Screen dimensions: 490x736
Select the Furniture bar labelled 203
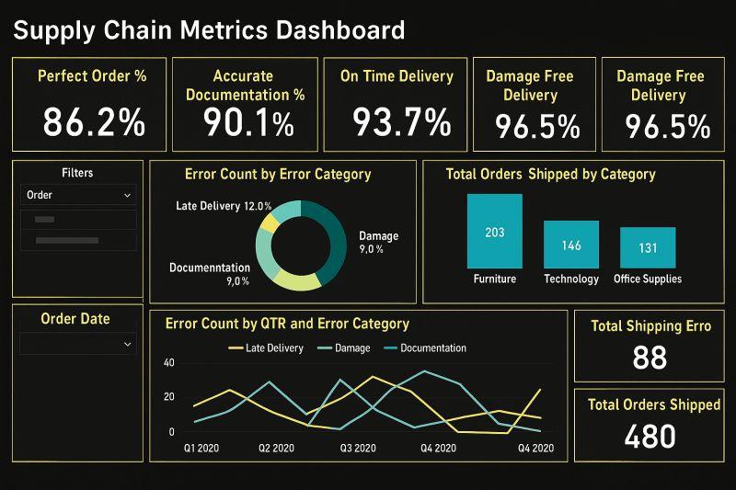[x=494, y=231]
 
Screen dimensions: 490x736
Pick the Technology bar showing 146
[x=570, y=245]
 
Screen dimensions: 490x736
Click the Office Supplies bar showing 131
[x=647, y=247]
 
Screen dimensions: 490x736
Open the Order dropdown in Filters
[x=78, y=195]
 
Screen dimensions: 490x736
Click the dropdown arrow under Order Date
[x=126, y=344]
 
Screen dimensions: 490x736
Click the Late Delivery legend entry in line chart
[x=268, y=348]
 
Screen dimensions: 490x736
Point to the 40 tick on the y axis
[x=168, y=363]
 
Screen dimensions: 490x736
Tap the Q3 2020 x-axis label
[x=358, y=449]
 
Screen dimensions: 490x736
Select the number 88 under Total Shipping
[x=650, y=358]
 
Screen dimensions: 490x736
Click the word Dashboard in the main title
[x=335, y=30]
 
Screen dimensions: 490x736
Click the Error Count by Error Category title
[x=277, y=174]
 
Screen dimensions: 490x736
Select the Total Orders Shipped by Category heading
[x=550, y=174]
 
